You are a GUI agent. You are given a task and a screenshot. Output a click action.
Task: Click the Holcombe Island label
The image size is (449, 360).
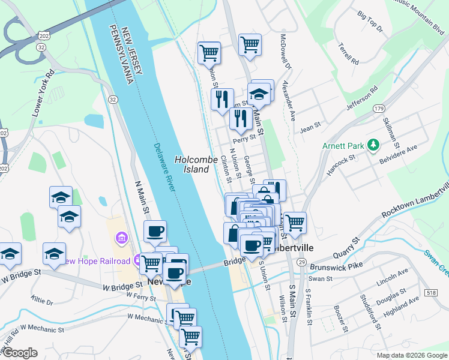click(x=192, y=164)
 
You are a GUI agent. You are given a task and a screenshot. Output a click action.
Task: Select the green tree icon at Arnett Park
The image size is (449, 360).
click(x=373, y=145)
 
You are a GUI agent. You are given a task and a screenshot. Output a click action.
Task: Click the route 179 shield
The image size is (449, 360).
click(x=378, y=109)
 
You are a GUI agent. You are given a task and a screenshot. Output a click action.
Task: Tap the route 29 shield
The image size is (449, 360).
click(x=301, y=262)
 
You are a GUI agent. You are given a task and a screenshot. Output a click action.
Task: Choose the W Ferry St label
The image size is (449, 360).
click(x=137, y=295)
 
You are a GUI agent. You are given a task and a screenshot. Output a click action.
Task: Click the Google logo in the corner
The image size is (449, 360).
click(x=20, y=353)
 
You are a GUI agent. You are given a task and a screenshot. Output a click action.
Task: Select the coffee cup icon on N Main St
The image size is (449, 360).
click(x=155, y=232)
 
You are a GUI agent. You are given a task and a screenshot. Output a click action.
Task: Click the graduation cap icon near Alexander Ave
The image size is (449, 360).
click(x=259, y=95)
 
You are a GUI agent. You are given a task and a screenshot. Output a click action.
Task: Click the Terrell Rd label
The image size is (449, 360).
click(x=348, y=53)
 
